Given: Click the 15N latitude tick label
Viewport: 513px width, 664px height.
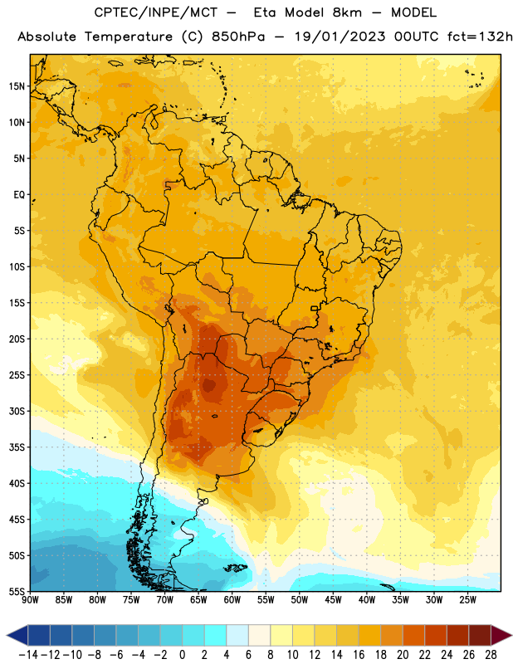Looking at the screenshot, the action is [17, 86].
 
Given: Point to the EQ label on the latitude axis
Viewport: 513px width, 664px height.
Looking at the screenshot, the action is [19, 195].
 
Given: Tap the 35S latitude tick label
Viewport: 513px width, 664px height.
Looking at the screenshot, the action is [17, 447].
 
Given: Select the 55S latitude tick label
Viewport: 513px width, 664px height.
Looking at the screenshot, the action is [17, 592].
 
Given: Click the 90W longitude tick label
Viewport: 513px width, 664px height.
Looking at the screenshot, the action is [30, 599].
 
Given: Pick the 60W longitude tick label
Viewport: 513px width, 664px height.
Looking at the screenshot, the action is [232, 599].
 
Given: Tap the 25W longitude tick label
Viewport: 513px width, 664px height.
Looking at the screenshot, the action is [467, 599].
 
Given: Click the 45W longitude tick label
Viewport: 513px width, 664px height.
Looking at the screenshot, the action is [333, 599].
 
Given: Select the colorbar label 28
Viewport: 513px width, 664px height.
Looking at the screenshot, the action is [491, 655].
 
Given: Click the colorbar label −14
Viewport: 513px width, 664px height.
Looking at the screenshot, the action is [28, 655].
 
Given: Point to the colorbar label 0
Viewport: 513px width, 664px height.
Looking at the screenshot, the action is [183, 655].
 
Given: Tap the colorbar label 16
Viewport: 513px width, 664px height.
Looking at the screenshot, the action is [359, 655].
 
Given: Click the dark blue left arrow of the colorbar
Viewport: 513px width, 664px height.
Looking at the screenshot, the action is [17, 635].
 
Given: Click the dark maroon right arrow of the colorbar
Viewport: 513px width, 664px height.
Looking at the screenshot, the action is [501, 635].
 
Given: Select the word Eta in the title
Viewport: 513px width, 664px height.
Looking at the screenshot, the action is [265, 12].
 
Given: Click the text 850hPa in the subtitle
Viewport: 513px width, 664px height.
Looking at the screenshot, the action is [238, 37].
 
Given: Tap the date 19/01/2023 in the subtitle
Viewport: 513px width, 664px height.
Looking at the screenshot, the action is [340, 37].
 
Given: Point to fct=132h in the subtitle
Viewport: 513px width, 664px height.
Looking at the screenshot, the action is [480, 37].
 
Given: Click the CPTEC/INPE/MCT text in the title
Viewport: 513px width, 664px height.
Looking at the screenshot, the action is [156, 12].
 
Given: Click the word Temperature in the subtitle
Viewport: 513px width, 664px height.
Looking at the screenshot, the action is [129, 37].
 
